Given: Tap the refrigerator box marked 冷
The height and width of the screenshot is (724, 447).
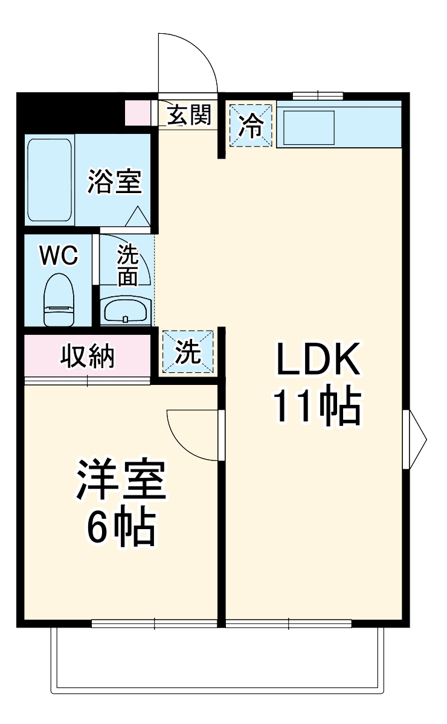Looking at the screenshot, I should tap(251, 125).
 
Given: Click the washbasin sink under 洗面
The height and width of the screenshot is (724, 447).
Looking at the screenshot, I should tap(126, 311).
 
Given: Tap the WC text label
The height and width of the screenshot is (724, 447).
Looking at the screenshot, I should tap(58, 256).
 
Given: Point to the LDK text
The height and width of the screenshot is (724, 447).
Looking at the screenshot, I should tap(318, 361).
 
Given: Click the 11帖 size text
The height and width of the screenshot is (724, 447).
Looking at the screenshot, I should tap(318, 407).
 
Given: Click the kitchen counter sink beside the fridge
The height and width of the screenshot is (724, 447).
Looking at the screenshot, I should tap(309, 126).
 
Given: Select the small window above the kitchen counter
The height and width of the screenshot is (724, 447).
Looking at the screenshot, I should tap(318, 95).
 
